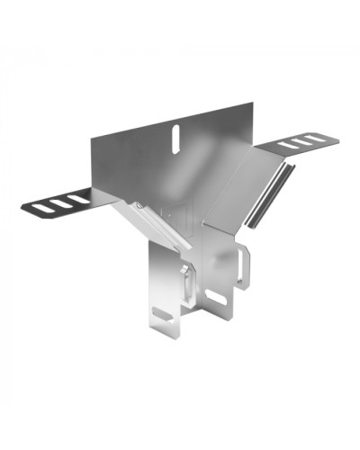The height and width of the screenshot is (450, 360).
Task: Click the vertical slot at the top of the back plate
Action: point(177,135)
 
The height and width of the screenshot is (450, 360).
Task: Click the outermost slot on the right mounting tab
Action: point(310,138)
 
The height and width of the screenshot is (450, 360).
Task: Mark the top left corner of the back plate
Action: point(93,138)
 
